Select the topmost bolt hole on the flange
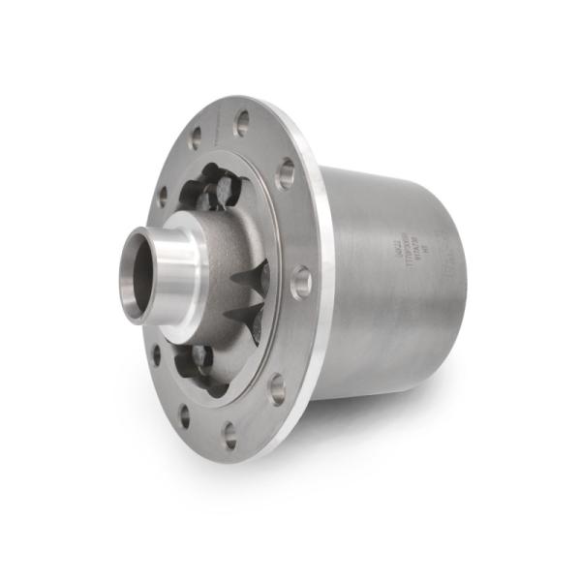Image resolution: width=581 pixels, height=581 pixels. coord(241,122)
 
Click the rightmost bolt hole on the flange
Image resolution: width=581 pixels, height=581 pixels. coord(301,282)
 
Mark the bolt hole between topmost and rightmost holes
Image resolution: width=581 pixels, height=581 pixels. coord(285,175)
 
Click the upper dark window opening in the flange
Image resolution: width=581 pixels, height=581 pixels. coord(219,189)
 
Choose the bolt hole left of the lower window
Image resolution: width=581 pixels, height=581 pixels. coord(156,354)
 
